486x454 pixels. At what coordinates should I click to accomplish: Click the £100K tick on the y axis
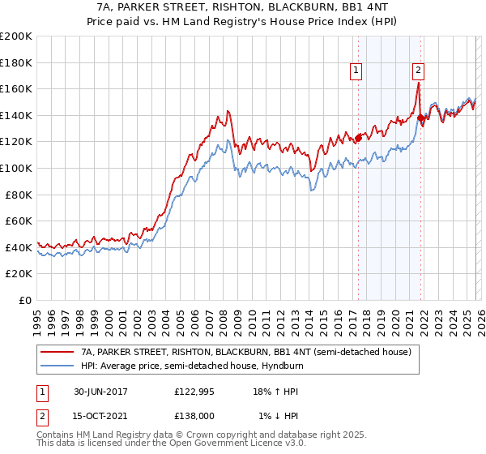(16, 168)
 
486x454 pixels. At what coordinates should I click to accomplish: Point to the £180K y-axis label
(16, 62)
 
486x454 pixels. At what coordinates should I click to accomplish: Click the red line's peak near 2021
(418, 82)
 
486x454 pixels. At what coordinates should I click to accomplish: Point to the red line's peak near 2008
(228, 110)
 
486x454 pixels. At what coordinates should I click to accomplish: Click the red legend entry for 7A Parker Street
(246, 352)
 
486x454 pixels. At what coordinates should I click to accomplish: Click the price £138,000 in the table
(194, 416)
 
